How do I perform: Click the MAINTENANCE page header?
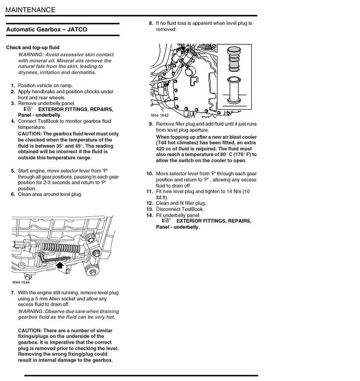tap(31, 10)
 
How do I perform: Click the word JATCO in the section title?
tap(76, 30)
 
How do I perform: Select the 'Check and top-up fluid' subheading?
tap(33, 48)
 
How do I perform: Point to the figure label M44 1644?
tap(22, 283)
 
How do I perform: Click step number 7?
tap(13, 293)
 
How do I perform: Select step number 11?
tap(149, 191)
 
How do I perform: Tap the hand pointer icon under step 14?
tap(166, 221)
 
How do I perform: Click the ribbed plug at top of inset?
tap(234, 60)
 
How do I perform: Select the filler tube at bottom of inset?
tap(234, 90)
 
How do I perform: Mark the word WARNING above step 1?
tap(31, 55)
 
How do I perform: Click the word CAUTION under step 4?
tap(30, 134)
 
